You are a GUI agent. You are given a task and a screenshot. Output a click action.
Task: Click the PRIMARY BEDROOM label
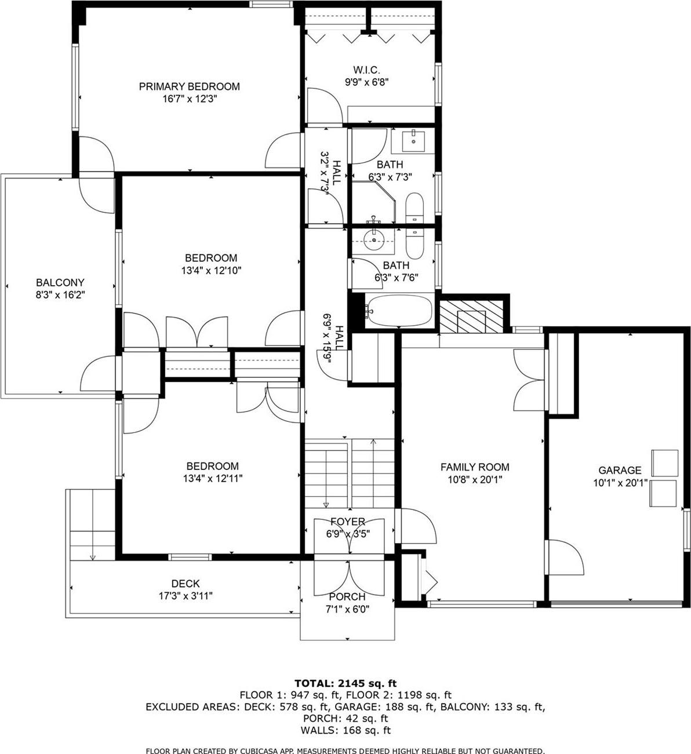pos(189,87)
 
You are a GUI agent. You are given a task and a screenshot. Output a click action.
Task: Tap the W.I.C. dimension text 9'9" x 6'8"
pos(366,82)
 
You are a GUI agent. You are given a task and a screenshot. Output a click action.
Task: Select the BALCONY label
pos(60,283)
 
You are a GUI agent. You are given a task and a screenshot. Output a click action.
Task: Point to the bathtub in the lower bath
pos(401,311)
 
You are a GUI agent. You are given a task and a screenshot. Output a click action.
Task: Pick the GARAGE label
pos(620,471)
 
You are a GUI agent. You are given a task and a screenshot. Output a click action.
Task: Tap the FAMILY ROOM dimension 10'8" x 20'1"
pos(475,480)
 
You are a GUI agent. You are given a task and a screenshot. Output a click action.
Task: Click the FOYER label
pos(348,522)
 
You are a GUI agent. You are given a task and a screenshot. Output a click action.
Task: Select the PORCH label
pos(347,597)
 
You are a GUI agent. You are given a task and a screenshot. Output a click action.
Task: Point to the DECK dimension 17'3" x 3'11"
pos(186,596)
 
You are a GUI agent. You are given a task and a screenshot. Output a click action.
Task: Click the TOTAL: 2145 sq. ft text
pos(345,683)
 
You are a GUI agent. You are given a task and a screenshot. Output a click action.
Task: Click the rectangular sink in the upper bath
pos(413,141)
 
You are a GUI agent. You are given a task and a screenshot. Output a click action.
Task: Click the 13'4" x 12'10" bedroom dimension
pos(211,271)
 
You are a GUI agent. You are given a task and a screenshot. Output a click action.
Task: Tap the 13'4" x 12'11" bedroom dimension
pos(212,479)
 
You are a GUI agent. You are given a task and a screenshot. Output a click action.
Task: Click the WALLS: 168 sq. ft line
pos(345,730)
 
